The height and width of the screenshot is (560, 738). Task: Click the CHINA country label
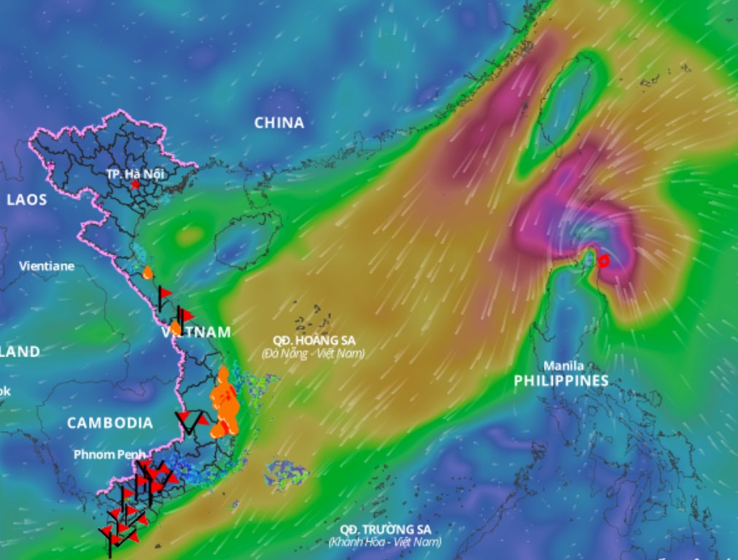coord(279,123)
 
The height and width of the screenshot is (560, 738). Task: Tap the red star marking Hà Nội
coord(135,185)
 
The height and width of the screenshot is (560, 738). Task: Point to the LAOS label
coord(27,200)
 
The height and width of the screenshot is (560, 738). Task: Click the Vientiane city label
coord(47,266)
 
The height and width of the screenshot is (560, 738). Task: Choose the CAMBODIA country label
coord(110,423)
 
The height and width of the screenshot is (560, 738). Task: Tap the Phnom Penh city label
coord(109,454)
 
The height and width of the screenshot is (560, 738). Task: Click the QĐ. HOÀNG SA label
coord(312,340)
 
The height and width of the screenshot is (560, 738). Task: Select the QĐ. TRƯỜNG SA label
coord(385,529)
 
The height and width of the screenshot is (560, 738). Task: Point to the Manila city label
coord(563,366)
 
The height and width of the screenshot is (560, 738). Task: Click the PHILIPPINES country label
coord(561,381)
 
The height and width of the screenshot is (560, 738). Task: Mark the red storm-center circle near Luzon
coord(603,260)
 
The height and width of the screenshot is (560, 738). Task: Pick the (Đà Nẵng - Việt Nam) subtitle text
coord(312,354)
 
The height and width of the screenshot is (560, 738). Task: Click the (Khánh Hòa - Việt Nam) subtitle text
coord(384,542)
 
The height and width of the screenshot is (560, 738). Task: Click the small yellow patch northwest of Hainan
coord(190,236)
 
